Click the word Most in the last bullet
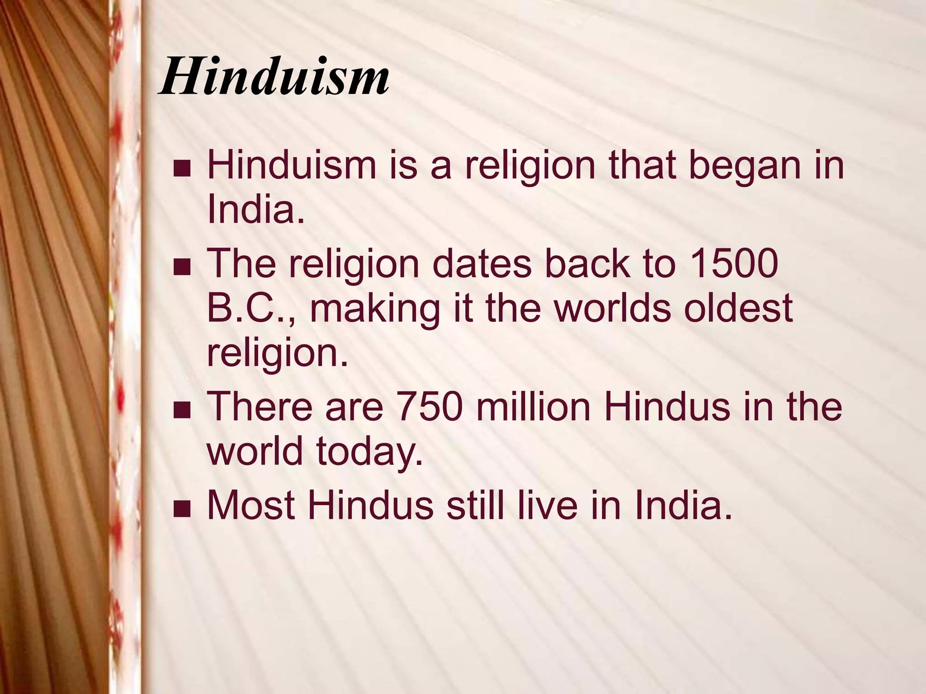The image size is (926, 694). (251, 505)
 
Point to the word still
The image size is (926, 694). (475, 505)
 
